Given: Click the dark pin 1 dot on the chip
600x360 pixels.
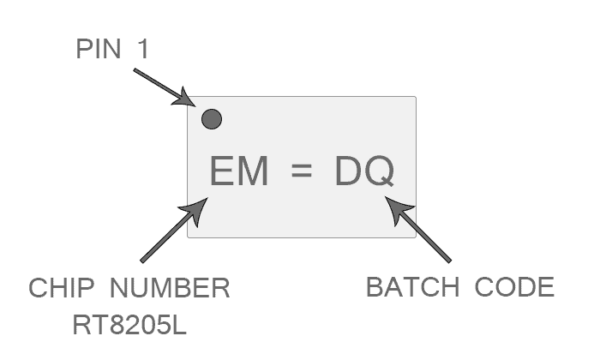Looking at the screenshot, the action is (x=211, y=120).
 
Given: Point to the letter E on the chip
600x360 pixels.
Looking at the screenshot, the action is (x=221, y=173).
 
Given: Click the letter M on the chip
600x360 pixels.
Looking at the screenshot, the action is (x=253, y=173).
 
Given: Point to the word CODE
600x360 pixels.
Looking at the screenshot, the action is (x=514, y=289).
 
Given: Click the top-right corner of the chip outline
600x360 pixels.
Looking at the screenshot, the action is (x=415, y=97).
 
